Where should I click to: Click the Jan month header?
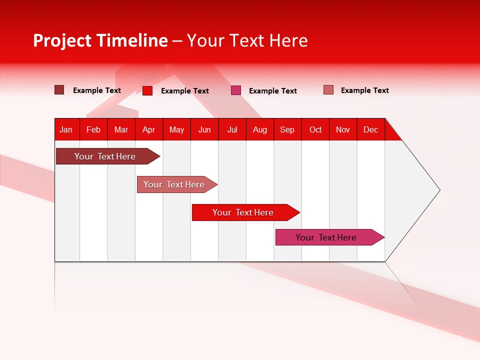(x=66, y=129)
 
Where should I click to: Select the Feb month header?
(x=93, y=129)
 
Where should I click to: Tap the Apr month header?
(x=148, y=129)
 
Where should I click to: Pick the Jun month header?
(x=204, y=129)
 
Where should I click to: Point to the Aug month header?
(x=260, y=129)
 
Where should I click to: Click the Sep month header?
(x=287, y=129)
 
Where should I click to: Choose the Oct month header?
(x=315, y=129)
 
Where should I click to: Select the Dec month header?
(x=371, y=129)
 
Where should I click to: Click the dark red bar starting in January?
(x=105, y=156)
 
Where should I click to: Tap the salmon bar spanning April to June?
(x=174, y=184)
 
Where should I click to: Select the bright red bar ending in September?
(x=243, y=212)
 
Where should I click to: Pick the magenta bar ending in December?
(x=326, y=237)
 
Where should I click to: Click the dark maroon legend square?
(x=59, y=90)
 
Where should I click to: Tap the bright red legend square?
(x=147, y=90)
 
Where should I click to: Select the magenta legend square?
(x=236, y=90)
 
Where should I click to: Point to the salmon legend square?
(x=328, y=90)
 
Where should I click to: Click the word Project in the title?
(x=62, y=40)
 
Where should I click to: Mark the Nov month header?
(x=343, y=129)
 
